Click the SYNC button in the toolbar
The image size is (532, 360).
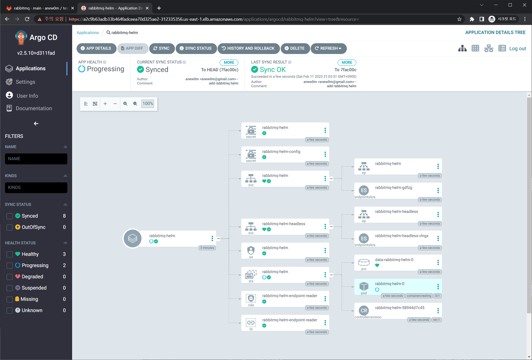162,48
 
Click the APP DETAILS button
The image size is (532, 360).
96,48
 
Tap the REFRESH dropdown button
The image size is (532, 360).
328,48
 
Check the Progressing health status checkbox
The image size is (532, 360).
10,265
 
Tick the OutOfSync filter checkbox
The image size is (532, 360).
10,227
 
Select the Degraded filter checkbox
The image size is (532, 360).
10,276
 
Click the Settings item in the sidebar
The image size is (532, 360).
25,82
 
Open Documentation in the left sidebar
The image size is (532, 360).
34,108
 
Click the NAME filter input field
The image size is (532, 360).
36,159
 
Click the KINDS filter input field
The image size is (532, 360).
36,188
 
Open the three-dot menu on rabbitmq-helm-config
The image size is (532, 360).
325,154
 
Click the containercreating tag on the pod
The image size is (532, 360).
419,296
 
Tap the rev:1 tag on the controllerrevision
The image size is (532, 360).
436,320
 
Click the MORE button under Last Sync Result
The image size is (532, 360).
347,62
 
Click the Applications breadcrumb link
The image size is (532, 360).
88,33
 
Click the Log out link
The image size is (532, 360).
518,49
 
